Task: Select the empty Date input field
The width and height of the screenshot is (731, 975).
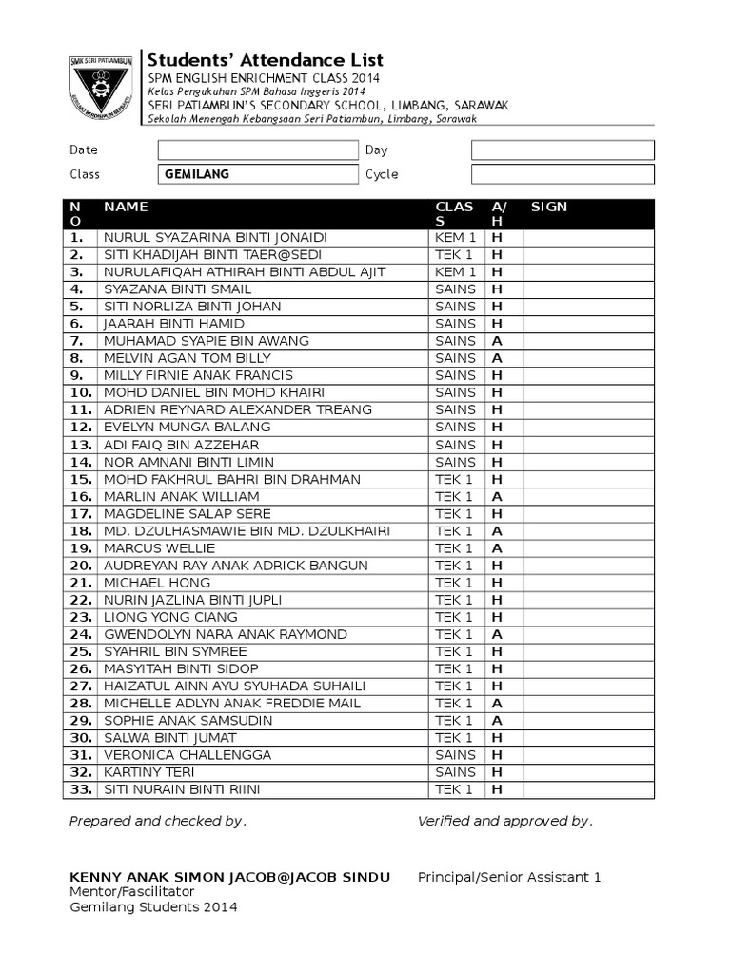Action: point(257,150)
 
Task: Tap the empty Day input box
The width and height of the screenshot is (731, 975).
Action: point(563,150)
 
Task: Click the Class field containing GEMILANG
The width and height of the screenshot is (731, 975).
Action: point(257,174)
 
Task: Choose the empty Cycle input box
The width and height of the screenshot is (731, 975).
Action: point(563,174)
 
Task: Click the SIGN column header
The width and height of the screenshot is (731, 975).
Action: point(549,207)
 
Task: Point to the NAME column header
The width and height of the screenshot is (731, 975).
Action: point(126,207)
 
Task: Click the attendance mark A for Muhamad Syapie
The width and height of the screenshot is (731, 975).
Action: point(496,341)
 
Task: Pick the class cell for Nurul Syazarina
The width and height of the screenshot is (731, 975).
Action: point(455,237)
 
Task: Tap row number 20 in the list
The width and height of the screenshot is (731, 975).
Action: point(80,566)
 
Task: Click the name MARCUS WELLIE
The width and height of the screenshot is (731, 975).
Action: point(160,548)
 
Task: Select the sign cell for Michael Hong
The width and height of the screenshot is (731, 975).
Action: point(588,583)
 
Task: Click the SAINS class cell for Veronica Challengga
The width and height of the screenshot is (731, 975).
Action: point(455,755)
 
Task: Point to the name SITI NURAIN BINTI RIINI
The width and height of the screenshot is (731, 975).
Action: point(182,789)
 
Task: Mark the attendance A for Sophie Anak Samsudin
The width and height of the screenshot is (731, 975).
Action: point(496,721)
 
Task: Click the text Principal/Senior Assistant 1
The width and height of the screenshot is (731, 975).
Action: point(509,878)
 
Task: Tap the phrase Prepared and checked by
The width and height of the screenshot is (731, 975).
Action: point(158,822)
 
